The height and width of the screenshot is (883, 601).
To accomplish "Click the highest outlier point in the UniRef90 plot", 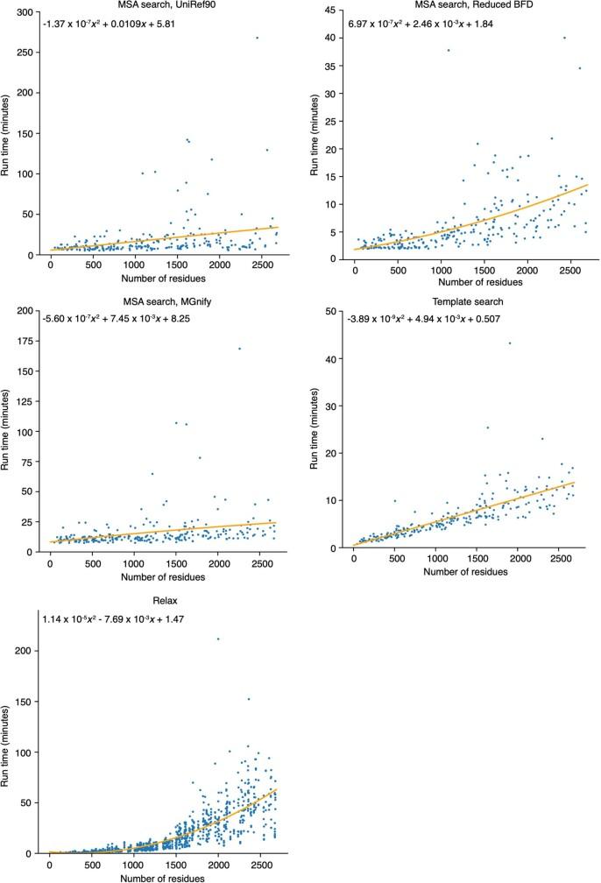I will coord(257,38).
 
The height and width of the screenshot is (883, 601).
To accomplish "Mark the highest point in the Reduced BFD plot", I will coord(564,38).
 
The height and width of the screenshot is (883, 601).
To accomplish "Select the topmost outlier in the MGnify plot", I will coord(239,349).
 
